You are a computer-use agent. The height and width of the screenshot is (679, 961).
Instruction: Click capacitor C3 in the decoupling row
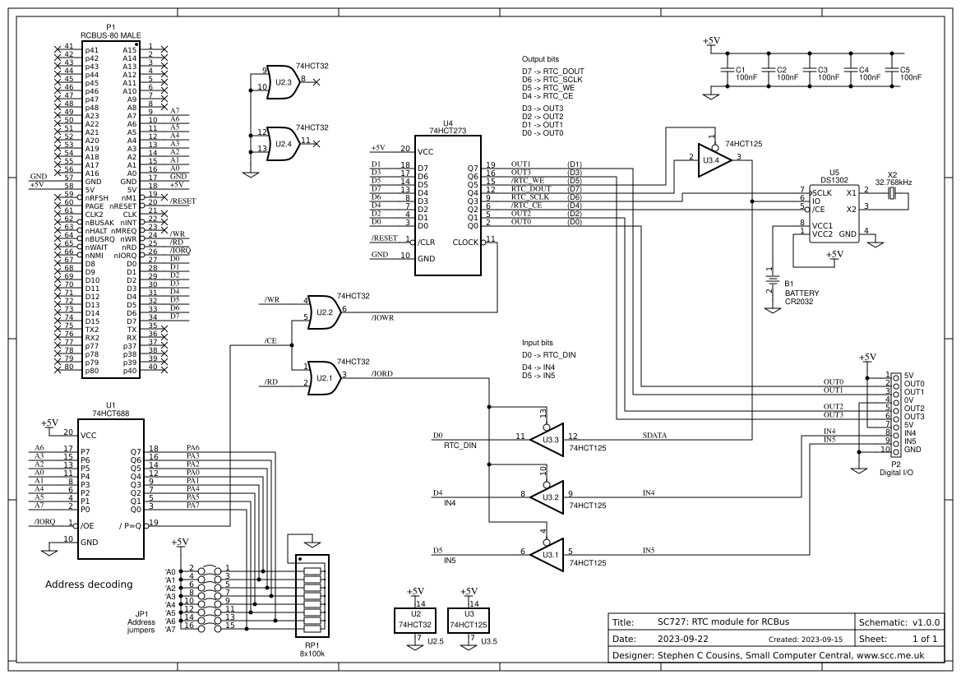click(x=809, y=72)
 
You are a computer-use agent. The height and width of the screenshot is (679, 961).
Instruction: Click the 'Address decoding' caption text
click(x=88, y=584)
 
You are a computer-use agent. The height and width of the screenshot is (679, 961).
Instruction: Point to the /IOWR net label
click(x=382, y=317)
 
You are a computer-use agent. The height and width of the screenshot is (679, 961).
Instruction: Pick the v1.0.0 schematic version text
click(x=925, y=621)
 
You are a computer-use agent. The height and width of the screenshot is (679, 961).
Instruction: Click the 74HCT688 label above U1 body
click(x=111, y=413)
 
